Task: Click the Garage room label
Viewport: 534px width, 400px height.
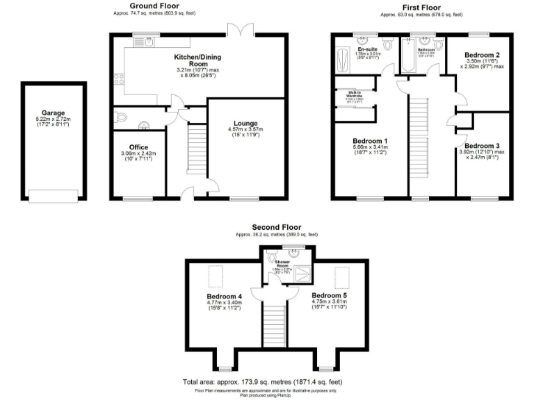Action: pos(53,112)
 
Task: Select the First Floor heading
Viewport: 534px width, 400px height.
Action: pos(421,6)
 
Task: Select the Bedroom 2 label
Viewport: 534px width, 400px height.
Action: pos(480,53)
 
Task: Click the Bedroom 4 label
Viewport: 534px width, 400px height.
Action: pos(225,294)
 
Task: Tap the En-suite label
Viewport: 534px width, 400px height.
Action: pos(367,49)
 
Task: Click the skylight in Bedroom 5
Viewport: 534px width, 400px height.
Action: pos(341,278)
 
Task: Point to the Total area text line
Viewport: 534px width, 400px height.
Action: pos(262,382)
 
